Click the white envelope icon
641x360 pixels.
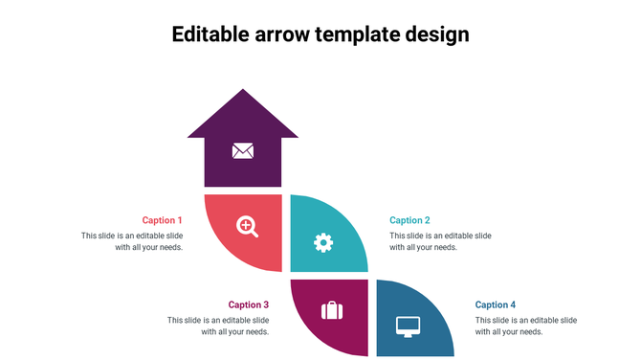click(x=243, y=150)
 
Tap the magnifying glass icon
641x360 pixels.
click(x=247, y=226)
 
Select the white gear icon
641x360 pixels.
click(x=323, y=242)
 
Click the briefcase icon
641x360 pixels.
click(x=331, y=310)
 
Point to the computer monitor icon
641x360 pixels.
click(x=409, y=326)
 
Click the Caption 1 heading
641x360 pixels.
click(x=162, y=220)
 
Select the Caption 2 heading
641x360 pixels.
click(x=409, y=220)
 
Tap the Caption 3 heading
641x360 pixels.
click(x=248, y=304)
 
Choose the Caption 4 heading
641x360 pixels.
click(x=496, y=304)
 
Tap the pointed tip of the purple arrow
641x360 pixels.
click(x=243, y=92)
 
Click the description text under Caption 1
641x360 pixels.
click(x=132, y=241)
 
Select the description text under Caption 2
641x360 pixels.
click(x=440, y=241)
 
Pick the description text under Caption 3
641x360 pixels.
click(x=218, y=326)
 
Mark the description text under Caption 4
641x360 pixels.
click(x=526, y=326)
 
